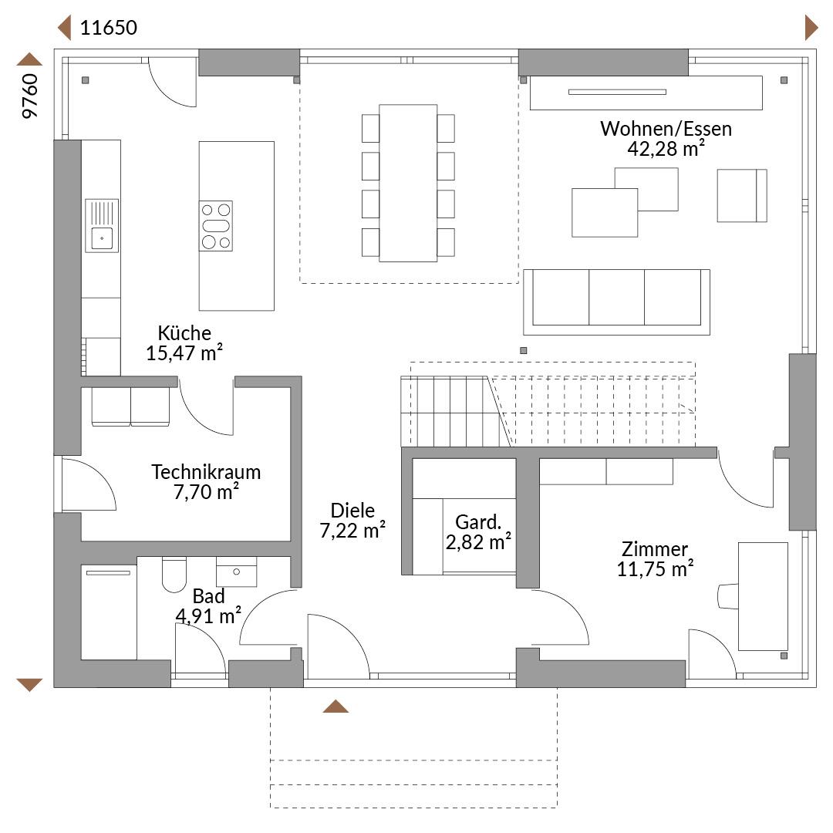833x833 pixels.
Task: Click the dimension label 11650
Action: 109,28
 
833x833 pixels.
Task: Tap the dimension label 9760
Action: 30,96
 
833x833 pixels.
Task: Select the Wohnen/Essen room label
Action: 666,129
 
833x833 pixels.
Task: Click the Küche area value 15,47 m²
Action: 184,352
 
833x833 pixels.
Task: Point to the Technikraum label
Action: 206,472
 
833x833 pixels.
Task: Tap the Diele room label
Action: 352,511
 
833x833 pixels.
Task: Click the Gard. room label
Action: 478,522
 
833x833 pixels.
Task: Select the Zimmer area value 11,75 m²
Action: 655,569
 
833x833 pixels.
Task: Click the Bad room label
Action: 208,596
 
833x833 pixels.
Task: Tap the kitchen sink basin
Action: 102,238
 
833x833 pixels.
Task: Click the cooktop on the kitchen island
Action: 216,226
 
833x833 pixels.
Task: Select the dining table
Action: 408,184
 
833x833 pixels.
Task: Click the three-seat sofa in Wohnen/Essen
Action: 616,302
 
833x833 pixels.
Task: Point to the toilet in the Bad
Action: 174,575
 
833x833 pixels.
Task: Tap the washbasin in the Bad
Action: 237,572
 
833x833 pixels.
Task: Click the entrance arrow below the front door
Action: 336,706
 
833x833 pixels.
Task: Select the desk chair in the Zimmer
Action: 728,596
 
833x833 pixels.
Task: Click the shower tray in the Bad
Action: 109,612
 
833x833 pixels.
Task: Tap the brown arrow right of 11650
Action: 811,28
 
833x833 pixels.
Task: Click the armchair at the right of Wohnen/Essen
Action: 742,195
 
